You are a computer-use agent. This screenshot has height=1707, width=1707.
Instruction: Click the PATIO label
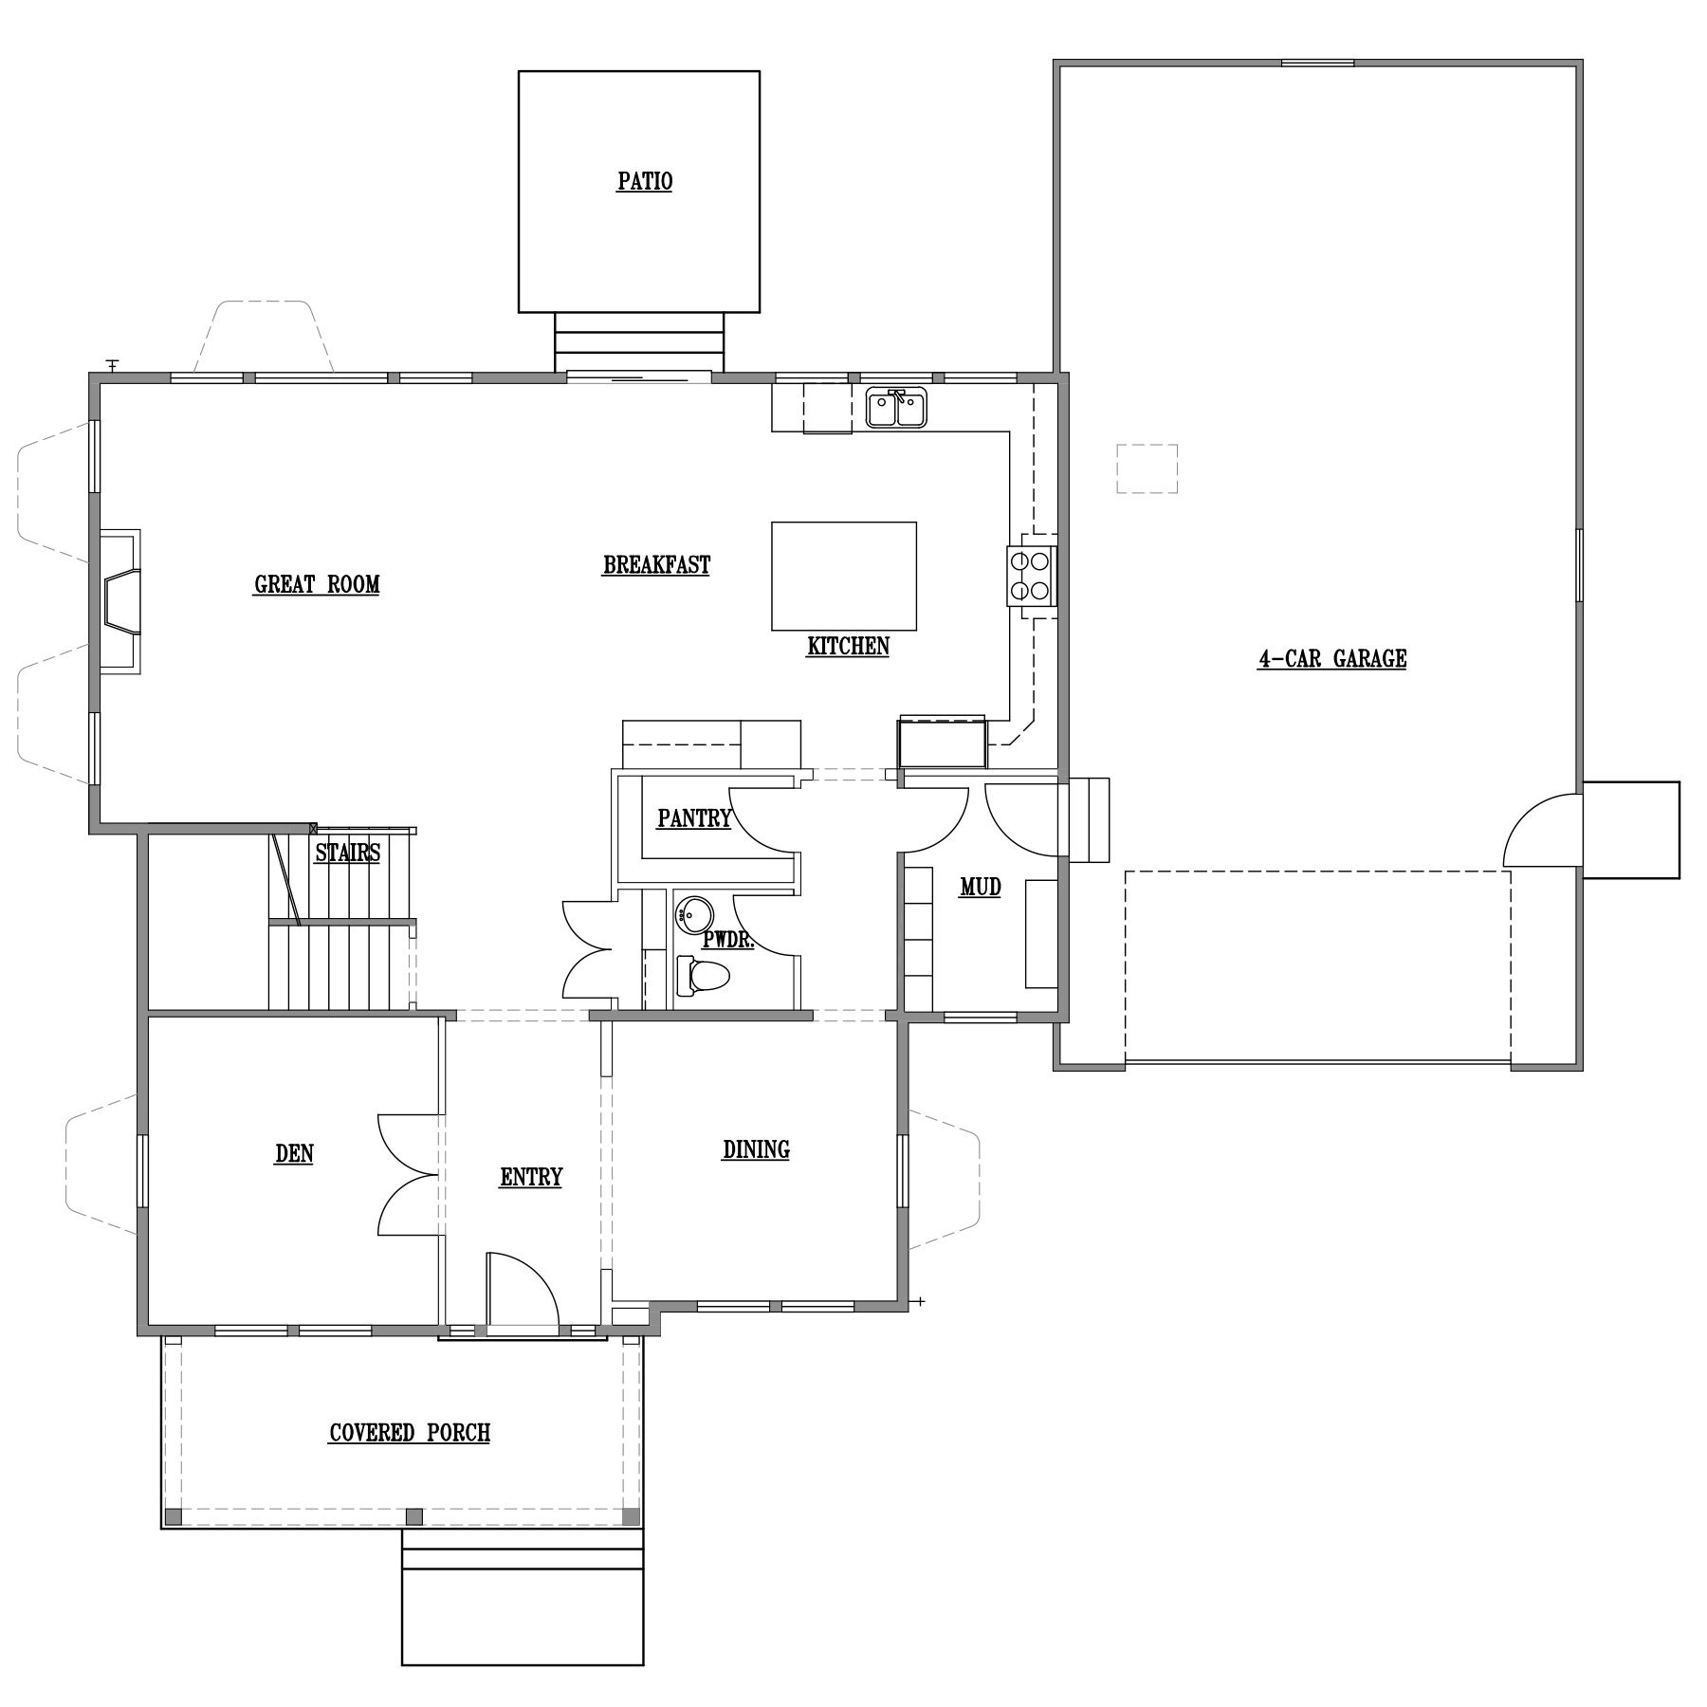tap(645, 181)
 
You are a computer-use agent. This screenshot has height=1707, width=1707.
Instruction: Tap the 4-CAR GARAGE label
tap(1331, 658)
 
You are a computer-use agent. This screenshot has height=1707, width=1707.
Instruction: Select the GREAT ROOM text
tap(317, 584)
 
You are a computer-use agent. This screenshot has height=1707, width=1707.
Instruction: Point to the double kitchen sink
tap(896, 409)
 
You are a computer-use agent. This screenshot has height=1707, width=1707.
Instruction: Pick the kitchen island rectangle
tap(844, 576)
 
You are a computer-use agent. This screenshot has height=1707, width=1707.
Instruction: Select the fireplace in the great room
tap(119, 601)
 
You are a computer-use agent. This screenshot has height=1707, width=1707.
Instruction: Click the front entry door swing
tap(523, 1293)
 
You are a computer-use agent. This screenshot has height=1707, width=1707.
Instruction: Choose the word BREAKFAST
tap(656, 565)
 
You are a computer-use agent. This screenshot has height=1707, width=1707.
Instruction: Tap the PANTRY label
tap(694, 817)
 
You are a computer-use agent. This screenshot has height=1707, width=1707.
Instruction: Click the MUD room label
tap(981, 888)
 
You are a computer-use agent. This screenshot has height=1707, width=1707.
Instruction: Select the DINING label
tap(756, 1149)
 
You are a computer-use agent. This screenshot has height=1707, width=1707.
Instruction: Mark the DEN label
tap(294, 1153)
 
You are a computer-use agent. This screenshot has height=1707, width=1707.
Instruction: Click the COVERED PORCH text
tap(410, 1432)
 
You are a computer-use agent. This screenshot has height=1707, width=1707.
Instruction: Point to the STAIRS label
tap(347, 853)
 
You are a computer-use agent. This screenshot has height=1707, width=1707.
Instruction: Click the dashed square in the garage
tap(1147, 468)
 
